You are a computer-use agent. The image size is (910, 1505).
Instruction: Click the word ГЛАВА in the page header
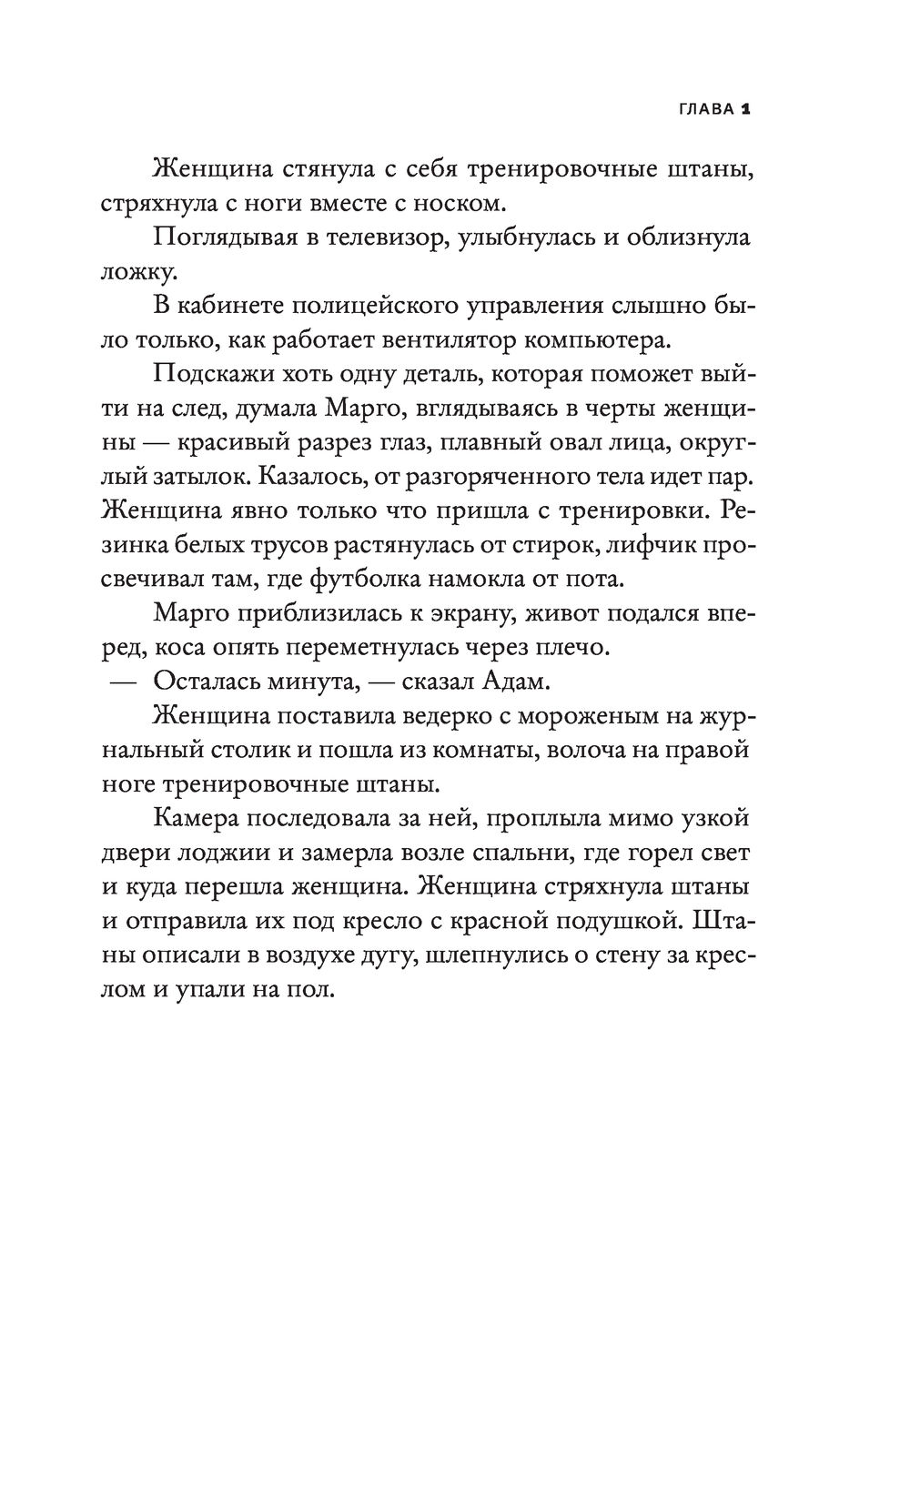coord(706,109)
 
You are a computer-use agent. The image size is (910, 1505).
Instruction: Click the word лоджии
coord(217,853)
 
